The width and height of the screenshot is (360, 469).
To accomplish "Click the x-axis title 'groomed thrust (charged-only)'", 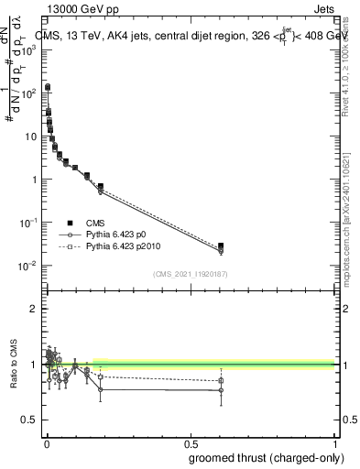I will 262,457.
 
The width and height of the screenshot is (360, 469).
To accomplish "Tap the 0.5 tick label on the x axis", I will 190,443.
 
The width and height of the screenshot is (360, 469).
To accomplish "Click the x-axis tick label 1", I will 334,443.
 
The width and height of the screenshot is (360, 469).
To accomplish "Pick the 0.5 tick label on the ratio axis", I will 28,420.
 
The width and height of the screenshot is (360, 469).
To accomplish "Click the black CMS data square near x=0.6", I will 221,245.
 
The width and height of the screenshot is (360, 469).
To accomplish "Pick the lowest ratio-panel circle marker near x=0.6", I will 221,390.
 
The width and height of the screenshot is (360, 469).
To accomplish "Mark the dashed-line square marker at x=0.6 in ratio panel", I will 221,380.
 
